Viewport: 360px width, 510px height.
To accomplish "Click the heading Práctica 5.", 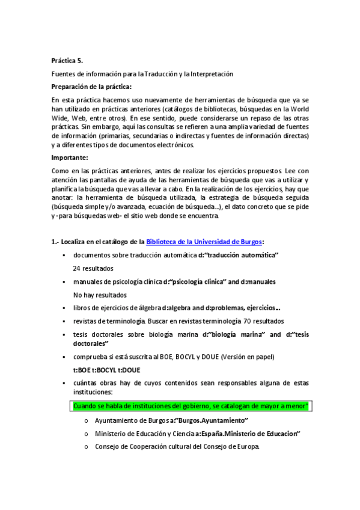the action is coord(67,60).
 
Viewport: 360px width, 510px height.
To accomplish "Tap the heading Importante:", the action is coord(70,158).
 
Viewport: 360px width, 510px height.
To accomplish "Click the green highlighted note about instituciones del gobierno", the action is coord(190,406).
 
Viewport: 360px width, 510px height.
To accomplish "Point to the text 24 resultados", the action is coord(93,268).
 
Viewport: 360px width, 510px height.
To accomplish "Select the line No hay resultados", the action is coord(100,295).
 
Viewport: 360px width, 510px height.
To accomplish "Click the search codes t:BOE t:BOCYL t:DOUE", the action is coord(107,370).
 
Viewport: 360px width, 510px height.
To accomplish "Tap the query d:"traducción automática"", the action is coord(239,255).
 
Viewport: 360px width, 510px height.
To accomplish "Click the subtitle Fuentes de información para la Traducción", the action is coord(142,73).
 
